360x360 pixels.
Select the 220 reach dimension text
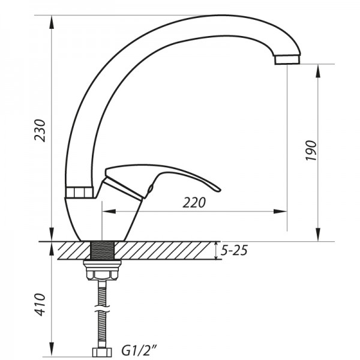coord(194,203)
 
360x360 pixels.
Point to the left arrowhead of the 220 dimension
coord(107,211)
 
